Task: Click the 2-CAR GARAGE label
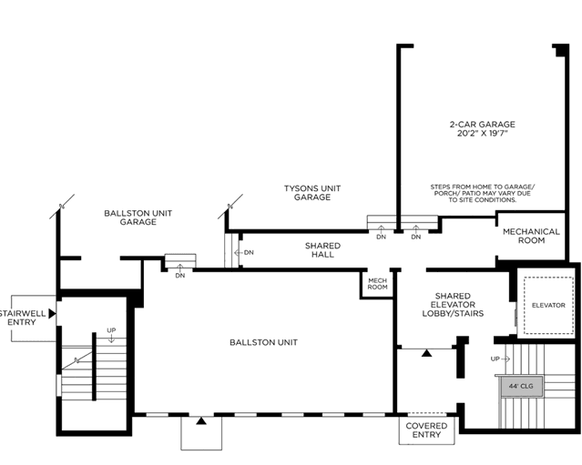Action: pyautogui.click(x=482, y=125)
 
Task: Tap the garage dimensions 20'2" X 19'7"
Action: pyautogui.click(x=482, y=134)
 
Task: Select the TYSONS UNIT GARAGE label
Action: pyautogui.click(x=312, y=193)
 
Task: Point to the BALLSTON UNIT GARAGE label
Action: pyautogui.click(x=138, y=217)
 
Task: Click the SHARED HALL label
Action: pyautogui.click(x=322, y=250)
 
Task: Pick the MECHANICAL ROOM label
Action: pyautogui.click(x=531, y=237)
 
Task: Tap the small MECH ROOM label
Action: pyautogui.click(x=377, y=284)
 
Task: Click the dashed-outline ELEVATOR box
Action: pyautogui.click(x=548, y=305)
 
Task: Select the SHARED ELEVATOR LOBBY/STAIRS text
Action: pyautogui.click(x=453, y=305)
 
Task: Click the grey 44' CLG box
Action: pyautogui.click(x=521, y=386)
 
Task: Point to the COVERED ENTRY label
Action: pyautogui.click(x=426, y=430)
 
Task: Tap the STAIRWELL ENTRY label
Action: pyautogui.click(x=22, y=318)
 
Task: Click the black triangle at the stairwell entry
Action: pyautogui.click(x=52, y=314)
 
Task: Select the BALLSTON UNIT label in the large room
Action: pyautogui.click(x=263, y=342)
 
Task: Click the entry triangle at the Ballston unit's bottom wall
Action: pyautogui.click(x=201, y=420)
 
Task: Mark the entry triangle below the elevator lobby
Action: pyautogui.click(x=427, y=353)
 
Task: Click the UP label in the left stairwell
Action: pyautogui.click(x=111, y=330)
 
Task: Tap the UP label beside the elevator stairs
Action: pyautogui.click(x=495, y=359)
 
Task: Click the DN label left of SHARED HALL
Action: pyautogui.click(x=249, y=253)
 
